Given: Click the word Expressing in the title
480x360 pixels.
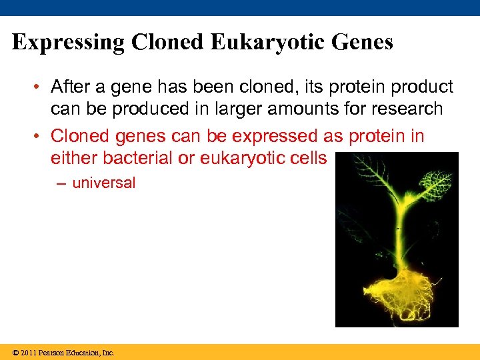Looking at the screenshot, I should [68, 43].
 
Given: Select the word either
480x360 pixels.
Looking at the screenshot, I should [74, 158].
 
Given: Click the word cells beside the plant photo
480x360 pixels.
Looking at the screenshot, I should [307, 158].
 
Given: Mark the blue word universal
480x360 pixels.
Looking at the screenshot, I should [103, 183].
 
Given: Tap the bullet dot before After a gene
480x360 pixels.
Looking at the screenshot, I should [41, 87].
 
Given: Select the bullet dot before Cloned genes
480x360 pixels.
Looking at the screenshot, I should [41, 137].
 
